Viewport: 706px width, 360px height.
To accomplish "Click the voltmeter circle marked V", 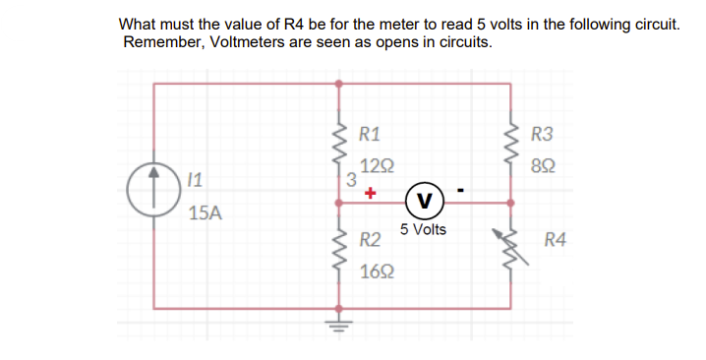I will pos(423,203).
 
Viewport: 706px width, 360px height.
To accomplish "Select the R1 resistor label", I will pos(372,135).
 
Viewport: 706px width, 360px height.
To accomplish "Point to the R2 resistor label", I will pos(371,239).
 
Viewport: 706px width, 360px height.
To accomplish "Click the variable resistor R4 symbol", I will pos(508,253).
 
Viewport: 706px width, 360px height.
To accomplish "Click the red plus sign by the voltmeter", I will pos(370,195).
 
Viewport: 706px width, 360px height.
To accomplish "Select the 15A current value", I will pos(205,212).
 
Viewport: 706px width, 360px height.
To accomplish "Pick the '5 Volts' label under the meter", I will pos(423,230).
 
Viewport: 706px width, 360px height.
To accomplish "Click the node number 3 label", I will pos(352,180).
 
